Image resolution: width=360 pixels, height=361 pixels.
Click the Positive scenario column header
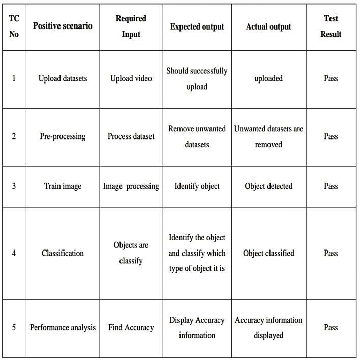(x=63, y=26)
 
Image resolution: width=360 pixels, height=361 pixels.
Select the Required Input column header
(x=131, y=26)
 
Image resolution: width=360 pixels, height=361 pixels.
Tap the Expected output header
(x=197, y=26)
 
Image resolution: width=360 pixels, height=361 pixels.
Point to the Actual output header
(x=268, y=26)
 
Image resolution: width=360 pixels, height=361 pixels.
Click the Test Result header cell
(x=331, y=26)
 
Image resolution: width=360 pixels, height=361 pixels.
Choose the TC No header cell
(x=14, y=26)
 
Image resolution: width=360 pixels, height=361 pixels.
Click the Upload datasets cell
(x=63, y=78)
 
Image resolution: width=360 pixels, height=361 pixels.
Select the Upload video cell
(x=131, y=78)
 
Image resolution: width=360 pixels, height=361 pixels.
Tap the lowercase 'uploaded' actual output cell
(x=268, y=78)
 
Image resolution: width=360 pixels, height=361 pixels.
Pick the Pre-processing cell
(x=63, y=136)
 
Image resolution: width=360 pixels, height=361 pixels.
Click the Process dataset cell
(x=131, y=136)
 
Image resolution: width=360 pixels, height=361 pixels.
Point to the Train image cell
(x=63, y=186)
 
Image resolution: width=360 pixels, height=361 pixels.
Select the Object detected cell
(x=268, y=186)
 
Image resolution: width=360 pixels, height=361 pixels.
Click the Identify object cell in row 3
(x=197, y=186)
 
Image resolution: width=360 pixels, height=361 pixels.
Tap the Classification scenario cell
(x=63, y=253)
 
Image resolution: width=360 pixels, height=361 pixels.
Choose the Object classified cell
(x=268, y=253)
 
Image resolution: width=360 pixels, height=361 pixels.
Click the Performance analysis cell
(x=63, y=327)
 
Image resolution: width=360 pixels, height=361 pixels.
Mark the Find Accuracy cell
(x=131, y=327)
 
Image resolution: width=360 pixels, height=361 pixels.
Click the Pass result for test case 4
(x=331, y=253)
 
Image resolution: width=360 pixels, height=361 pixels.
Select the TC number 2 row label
(x=14, y=136)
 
